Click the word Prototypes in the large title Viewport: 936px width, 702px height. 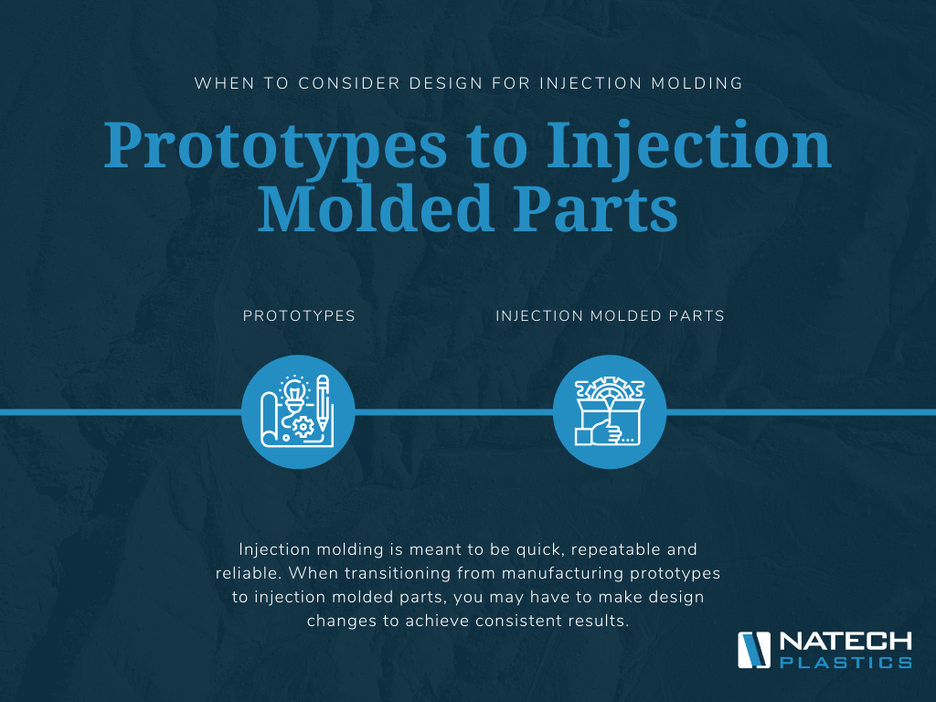click(276, 147)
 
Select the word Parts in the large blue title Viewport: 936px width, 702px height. click(596, 208)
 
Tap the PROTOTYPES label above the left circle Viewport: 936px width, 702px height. click(299, 315)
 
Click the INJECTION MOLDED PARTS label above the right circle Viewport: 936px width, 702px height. click(610, 315)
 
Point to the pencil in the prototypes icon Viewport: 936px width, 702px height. click(323, 402)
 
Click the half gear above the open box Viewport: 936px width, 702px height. click(610, 387)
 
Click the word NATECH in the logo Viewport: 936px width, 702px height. click(846, 643)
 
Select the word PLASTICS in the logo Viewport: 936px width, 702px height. click(846, 662)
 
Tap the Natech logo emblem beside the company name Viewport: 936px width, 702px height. click(754, 650)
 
